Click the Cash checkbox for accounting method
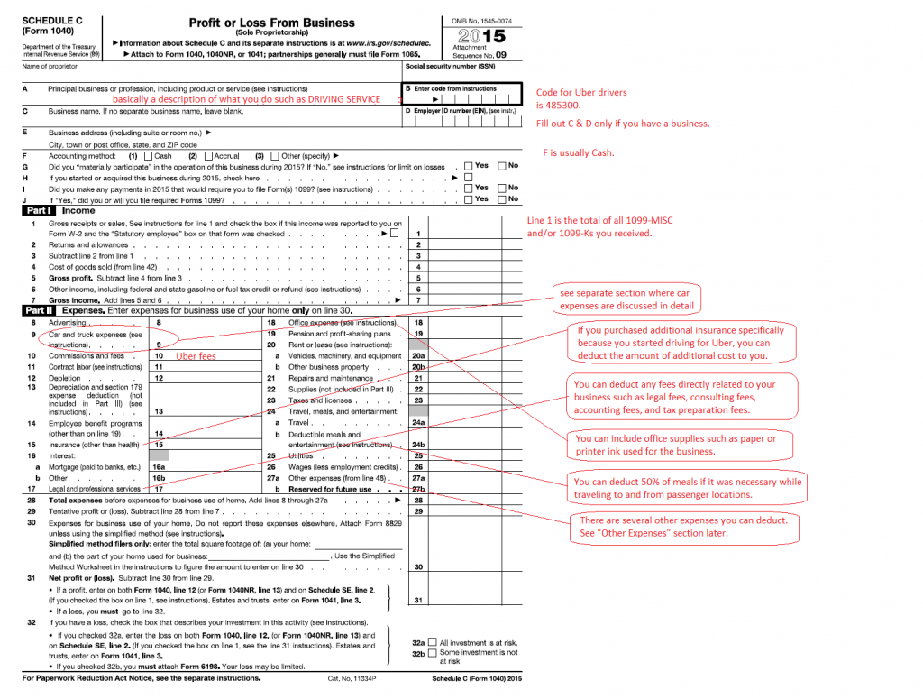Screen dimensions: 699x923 pos(149,156)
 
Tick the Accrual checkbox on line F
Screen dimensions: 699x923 pos(208,156)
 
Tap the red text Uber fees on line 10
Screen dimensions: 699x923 pos(196,356)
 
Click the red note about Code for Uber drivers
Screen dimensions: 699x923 pos(581,98)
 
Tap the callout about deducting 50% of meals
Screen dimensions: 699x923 pos(688,488)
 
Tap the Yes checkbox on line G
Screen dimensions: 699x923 pos(468,166)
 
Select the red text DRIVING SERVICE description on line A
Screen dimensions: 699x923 pos(246,99)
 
